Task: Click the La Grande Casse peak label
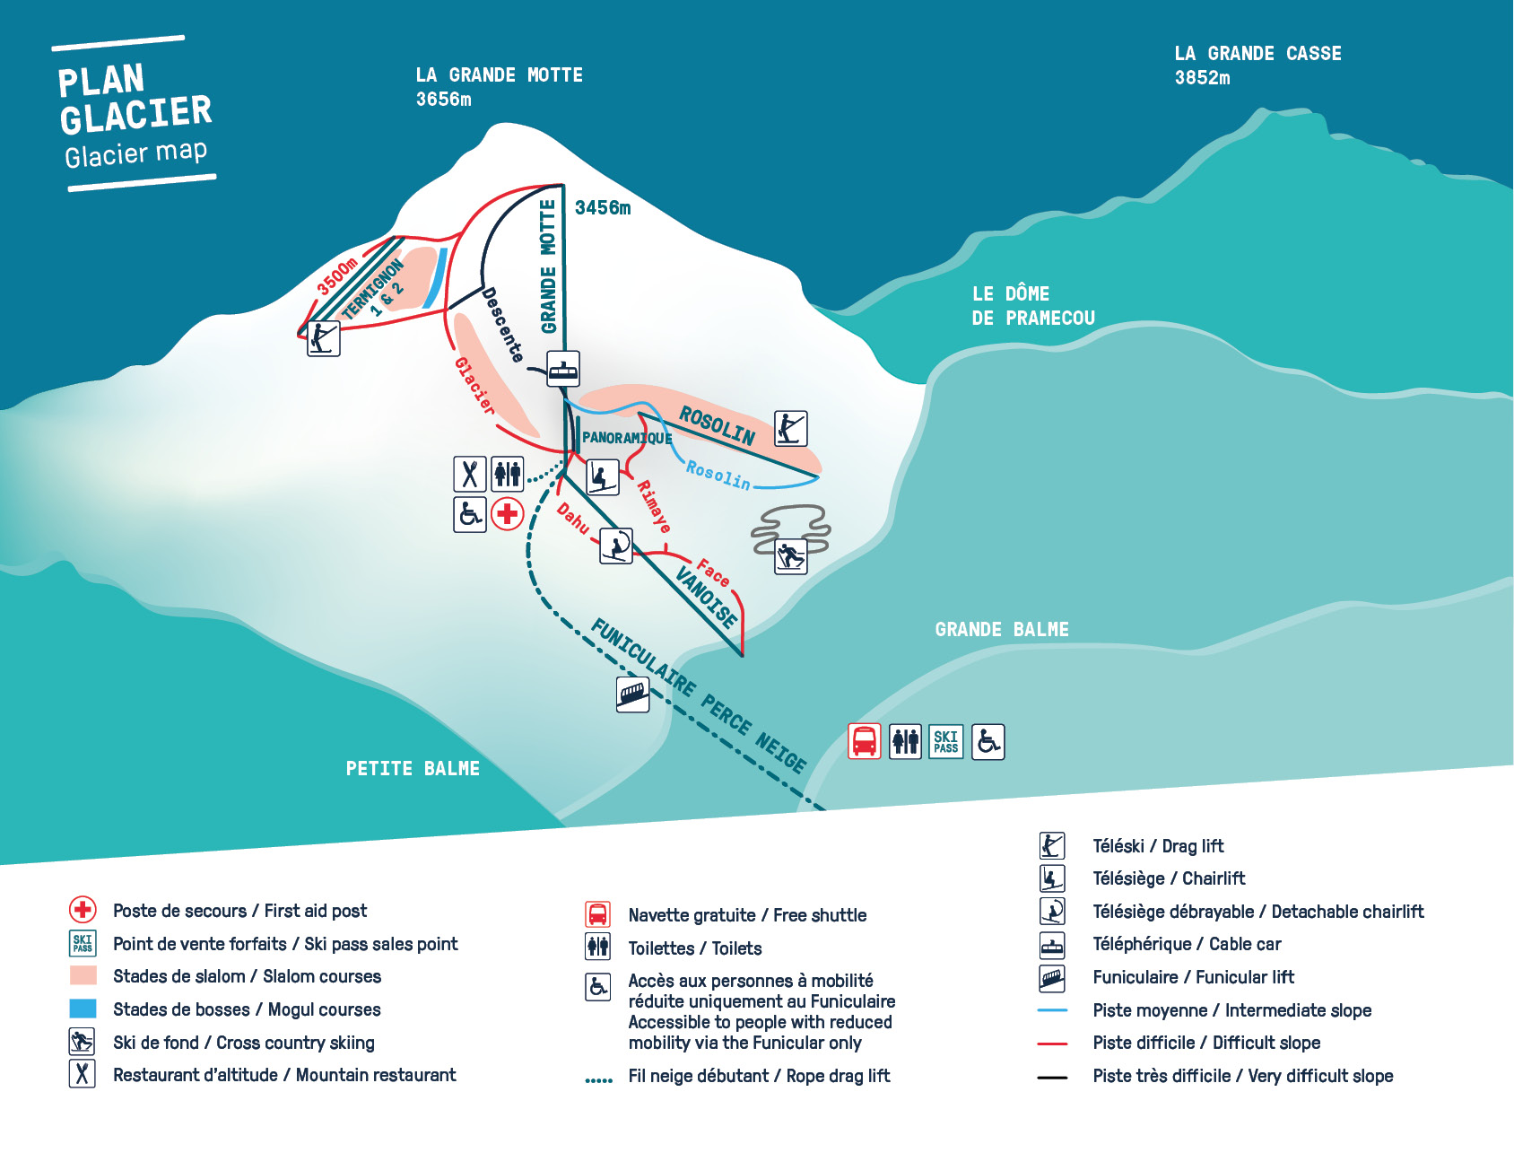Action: [x=1257, y=66]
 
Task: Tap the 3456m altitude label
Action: [x=603, y=208]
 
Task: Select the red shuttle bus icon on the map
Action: [x=865, y=741]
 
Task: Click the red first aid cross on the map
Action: [x=508, y=514]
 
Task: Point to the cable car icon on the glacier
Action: [x=563, y=369]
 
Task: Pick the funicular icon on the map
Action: [x=633, y=694]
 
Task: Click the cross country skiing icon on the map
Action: [x=791, y=557]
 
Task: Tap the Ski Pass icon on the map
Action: [x=946, y=741]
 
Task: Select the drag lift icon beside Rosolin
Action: [x=791, y=429]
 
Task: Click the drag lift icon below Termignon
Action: [x=324, y=338]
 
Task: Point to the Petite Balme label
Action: [x=413, y=769]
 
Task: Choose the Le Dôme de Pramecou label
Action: [x=1033, y=306]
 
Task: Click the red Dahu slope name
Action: [x=573, y=518]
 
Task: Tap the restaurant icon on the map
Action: [x=470, y=474]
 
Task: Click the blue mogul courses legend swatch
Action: [x=83, y=1009]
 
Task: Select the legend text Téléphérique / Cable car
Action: [x=1187, y=944]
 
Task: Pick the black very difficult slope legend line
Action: [x=1052, y=1077]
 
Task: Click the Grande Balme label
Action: [x=1002, y=630]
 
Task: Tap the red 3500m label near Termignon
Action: [x=337, y=276]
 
